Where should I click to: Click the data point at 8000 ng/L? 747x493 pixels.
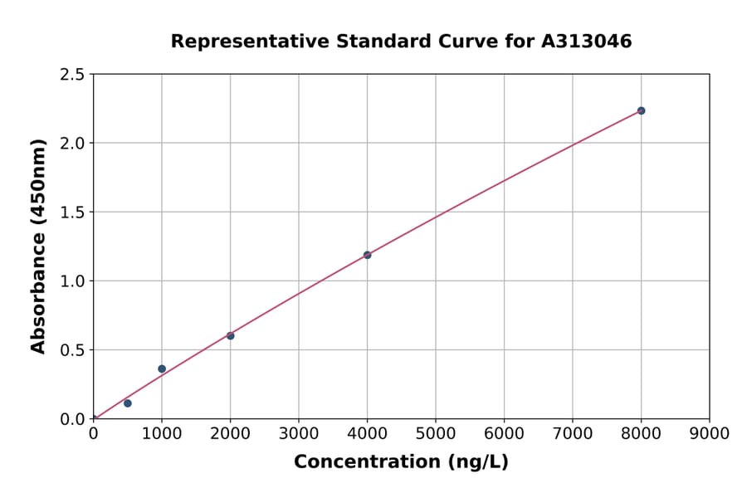coord(641,110)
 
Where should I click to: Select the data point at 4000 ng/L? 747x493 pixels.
coord(367,255)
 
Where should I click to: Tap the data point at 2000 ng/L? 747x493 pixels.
coord(230,335)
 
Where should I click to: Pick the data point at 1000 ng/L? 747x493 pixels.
coord(162,369)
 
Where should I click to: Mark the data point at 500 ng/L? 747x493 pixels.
coord(127,403)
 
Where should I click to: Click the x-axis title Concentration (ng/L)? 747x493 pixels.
coord(401,462)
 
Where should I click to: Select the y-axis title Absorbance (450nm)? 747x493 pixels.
coord(38,247)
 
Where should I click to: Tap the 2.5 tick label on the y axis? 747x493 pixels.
coord(73,75)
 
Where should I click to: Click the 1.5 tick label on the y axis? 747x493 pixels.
coord(73,212)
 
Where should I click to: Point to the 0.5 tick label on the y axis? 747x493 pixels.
coord(73,350)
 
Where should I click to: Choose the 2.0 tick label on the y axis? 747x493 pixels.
coord(73,144)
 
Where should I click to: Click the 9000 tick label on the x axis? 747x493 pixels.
coord(710,434)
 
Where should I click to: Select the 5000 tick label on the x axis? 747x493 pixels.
coord(436,434)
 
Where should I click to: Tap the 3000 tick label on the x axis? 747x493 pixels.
coord(299,434)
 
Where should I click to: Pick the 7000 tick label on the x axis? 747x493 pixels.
coord(573,434)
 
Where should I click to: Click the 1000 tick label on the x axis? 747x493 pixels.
coord(162,434)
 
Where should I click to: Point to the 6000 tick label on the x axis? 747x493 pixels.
coord(504,434)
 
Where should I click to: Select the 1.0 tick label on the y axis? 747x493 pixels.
coord(73,281)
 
